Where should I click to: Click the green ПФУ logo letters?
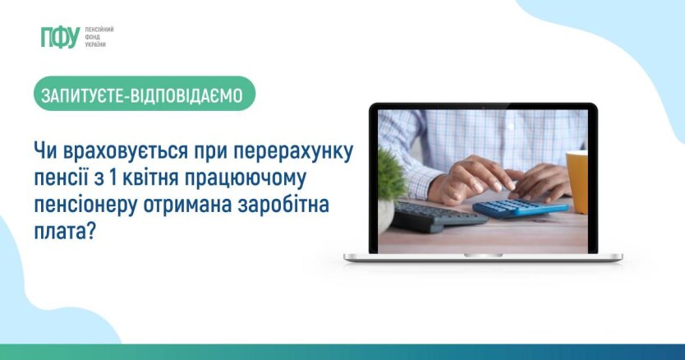coord(59,36)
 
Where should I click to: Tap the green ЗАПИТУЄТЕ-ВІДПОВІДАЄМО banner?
coord(145,95)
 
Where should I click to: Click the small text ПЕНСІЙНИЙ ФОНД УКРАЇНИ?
coord(99,36)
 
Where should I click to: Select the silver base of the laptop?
coord(483,257)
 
